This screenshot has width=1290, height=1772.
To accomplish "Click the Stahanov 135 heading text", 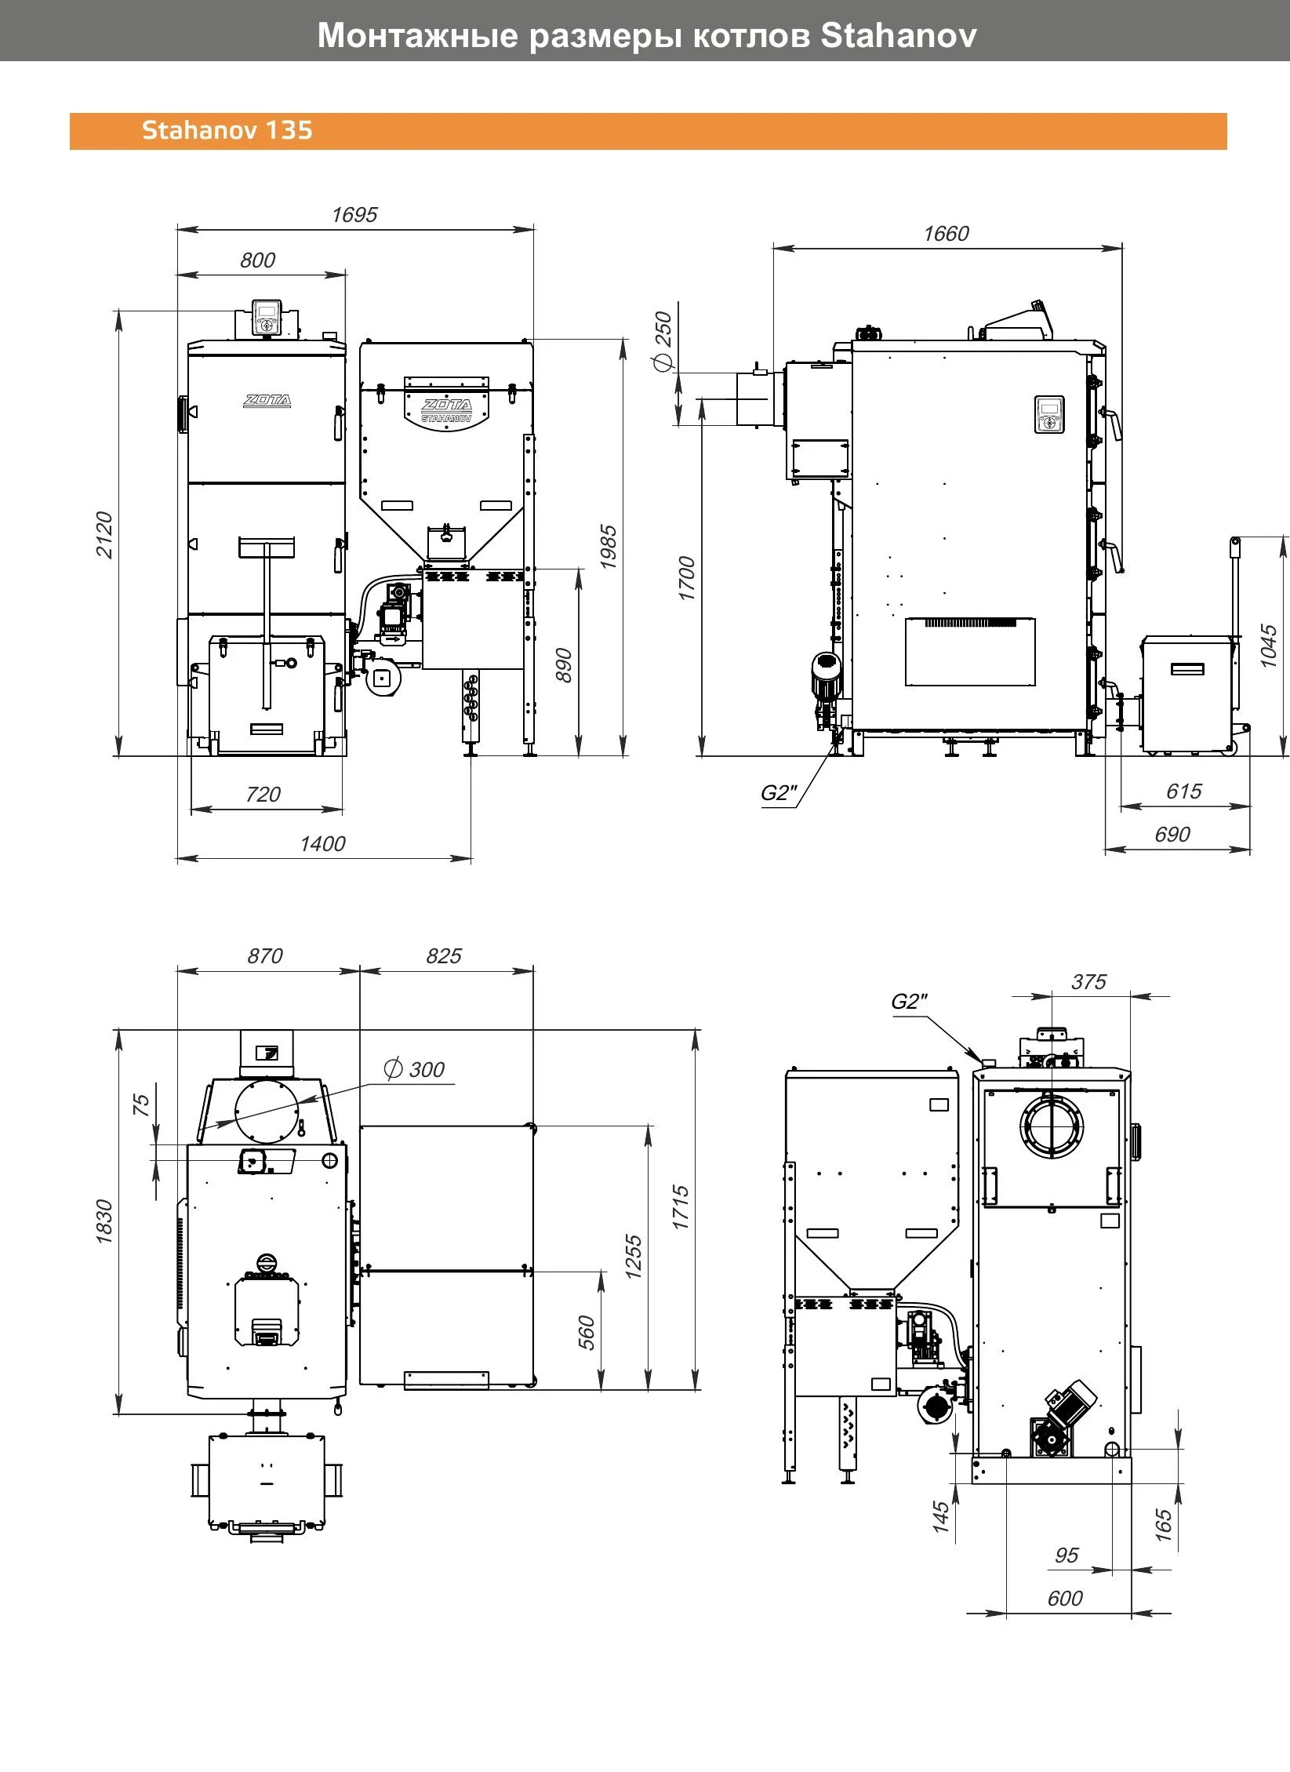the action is click(x=227, y=130).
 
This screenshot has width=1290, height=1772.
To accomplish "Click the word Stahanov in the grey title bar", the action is click(x=899, y=35).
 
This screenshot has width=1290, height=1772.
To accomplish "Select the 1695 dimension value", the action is click(x=354, y=215).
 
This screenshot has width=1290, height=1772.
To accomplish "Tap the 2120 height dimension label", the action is click(x=104, y=535).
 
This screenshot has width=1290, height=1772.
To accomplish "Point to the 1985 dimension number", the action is click(x=609, y=548).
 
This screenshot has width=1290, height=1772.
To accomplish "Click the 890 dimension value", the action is click(x=563, y=666).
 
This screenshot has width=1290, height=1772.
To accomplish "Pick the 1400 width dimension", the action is click(x=322, y=844).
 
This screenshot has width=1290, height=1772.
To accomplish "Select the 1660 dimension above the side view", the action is click(x=946, y=234).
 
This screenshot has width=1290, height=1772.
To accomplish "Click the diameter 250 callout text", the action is click(x=663, y=340).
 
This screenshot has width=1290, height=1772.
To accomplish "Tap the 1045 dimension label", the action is click(x=1268, y=646).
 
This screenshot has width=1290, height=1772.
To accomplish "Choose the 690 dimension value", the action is click(x=1172, y=835).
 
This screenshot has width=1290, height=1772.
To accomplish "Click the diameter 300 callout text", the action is click(x=414, y=1069).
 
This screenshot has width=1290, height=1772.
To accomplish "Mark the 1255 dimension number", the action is click(x=634, y=1257).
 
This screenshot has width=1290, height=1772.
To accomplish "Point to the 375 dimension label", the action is click(x=1088, y=982).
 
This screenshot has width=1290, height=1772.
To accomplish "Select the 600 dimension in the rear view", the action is click(x=1065, y=1599).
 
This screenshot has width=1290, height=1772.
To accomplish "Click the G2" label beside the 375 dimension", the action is click(x=909, y=1002).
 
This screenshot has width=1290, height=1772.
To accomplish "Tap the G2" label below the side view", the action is click(x=779, y=793).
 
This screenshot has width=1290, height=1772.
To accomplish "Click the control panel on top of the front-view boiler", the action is click(x=267, y=318).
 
